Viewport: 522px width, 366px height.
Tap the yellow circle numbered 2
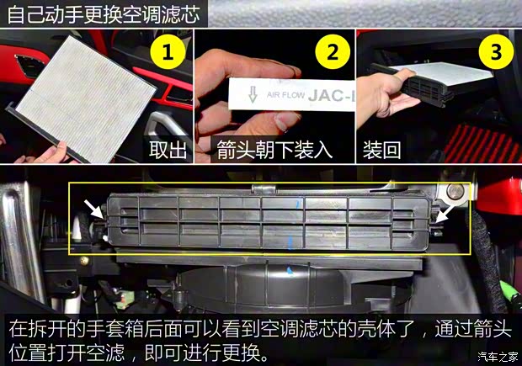[332, 53]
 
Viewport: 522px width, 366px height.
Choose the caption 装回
[381, 149]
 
